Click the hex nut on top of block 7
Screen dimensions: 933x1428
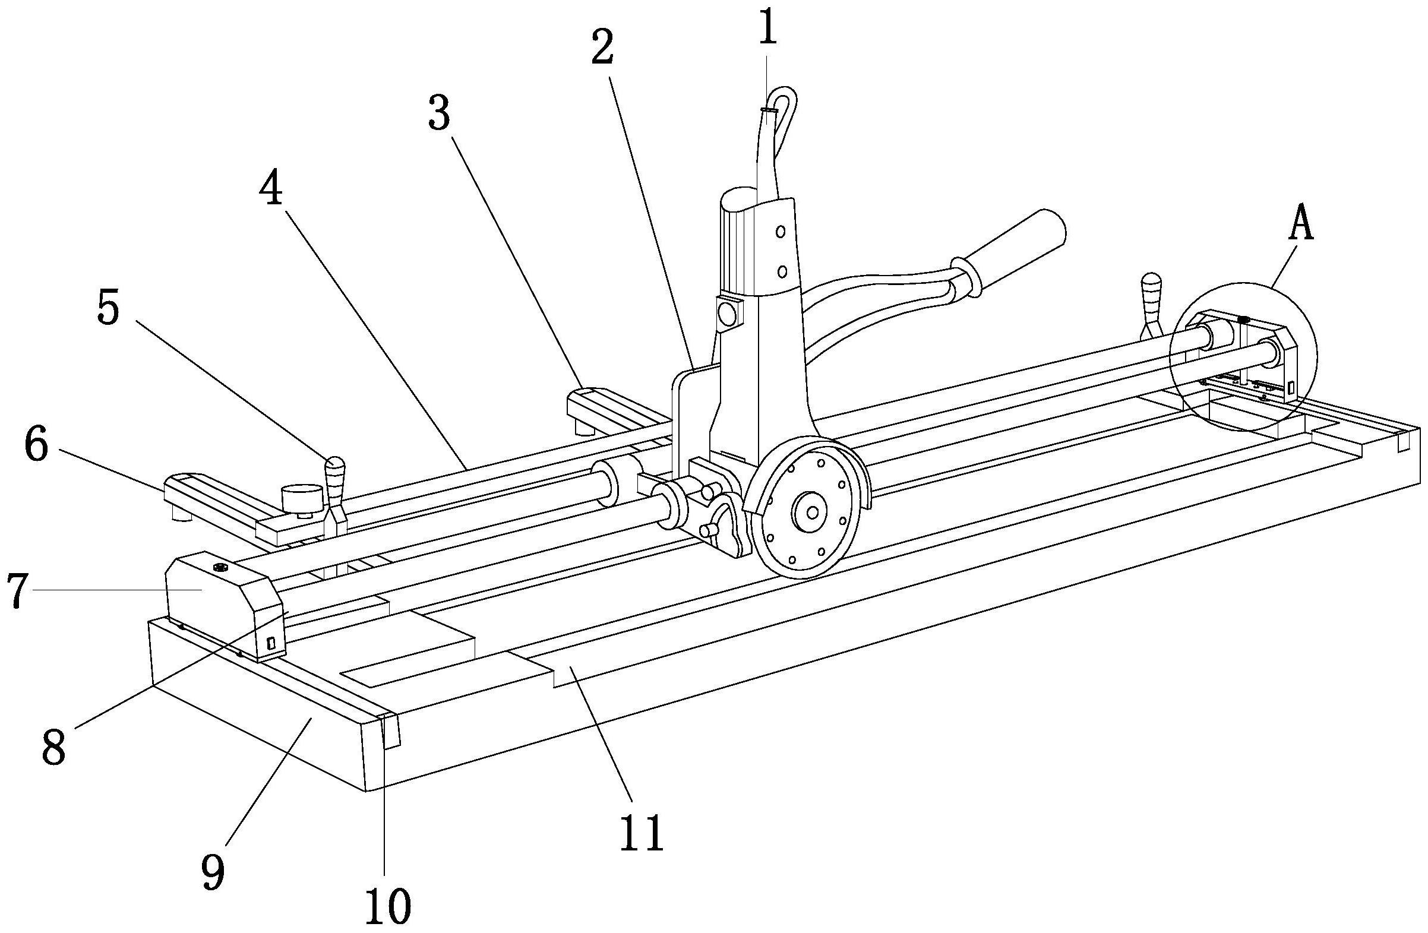219,567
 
